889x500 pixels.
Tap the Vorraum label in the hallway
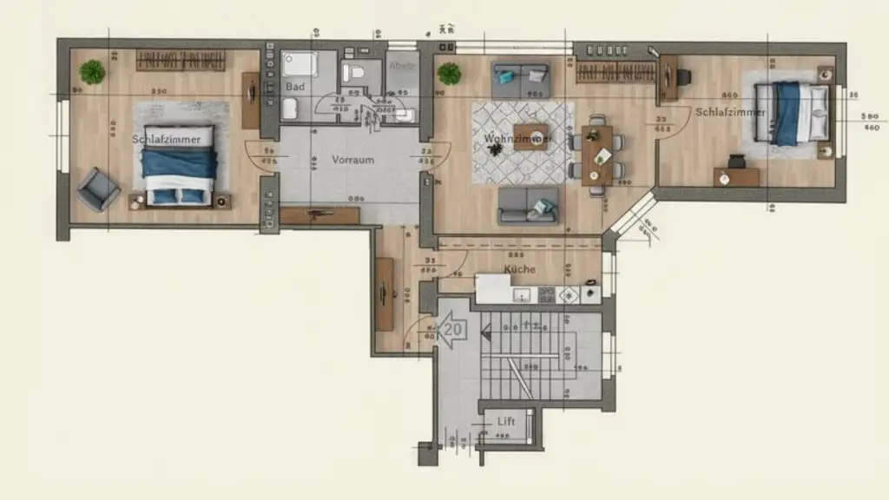coord(352,161)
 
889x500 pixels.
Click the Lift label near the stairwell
coord(506,422)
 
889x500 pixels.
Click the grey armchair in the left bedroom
coord(97,188)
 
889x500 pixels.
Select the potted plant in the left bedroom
coord(92,72)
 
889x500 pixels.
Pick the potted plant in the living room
coord(449,74)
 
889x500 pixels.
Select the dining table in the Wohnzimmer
coord(597,155)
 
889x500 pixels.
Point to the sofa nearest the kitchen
coord(528,206)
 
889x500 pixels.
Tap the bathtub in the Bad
coord(300,64)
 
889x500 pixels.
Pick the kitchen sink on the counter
coord(522,294)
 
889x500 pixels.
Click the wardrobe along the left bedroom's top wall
coord(181,62)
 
